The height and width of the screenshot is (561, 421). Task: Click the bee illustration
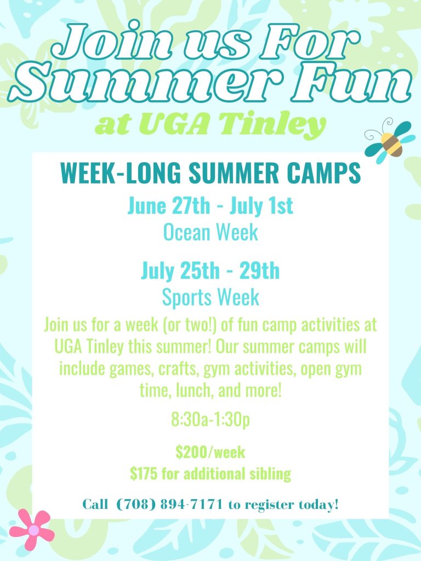(390, 141)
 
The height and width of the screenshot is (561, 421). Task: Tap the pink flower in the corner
(32, 530)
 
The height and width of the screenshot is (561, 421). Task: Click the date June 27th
(169, 206)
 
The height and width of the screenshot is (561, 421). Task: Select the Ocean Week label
(210, 232)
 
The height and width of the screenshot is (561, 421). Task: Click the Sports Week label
(210, 297)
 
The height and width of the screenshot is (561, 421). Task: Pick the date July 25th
(180, 271)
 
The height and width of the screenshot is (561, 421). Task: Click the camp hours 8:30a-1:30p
(210, 419)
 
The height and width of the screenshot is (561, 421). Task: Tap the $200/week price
(210, 452)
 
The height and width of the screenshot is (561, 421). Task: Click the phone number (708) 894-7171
(169, 505)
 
